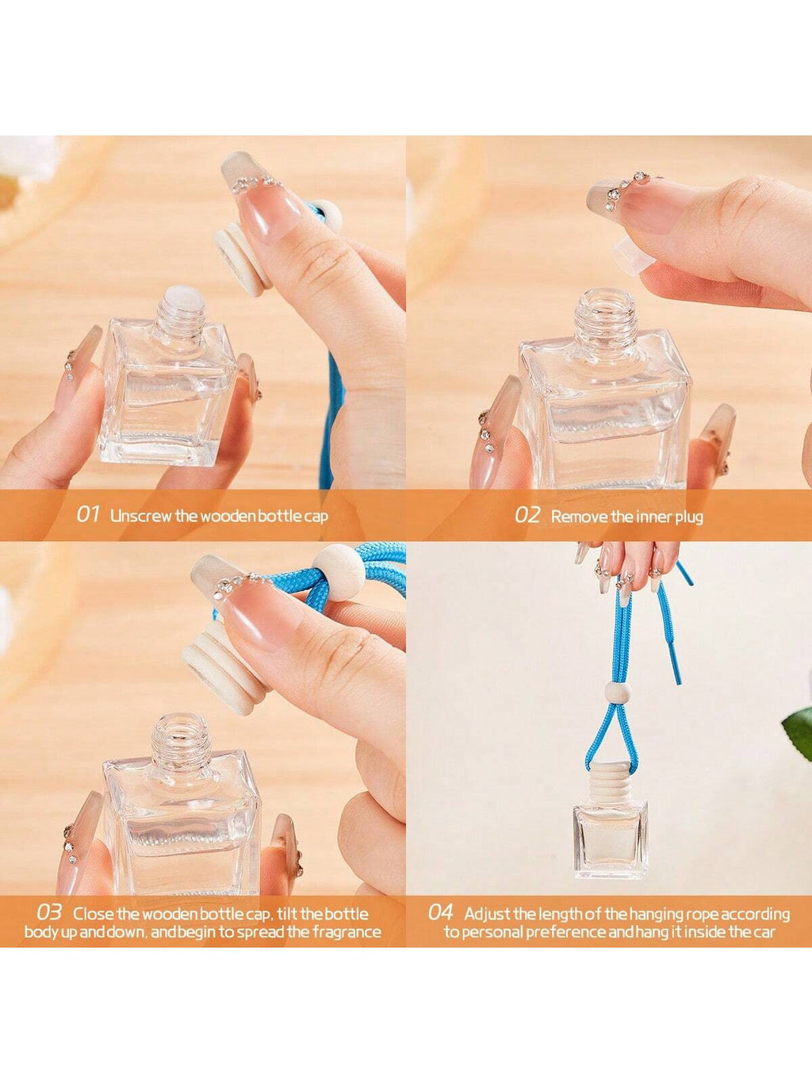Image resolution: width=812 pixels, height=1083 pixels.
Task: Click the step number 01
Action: click(88, 515)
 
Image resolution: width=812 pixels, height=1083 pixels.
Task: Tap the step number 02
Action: click(528, 515)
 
